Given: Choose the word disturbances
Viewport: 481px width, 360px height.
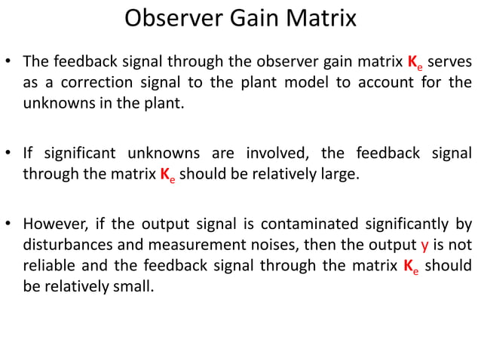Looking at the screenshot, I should click(x=63, y=246).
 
